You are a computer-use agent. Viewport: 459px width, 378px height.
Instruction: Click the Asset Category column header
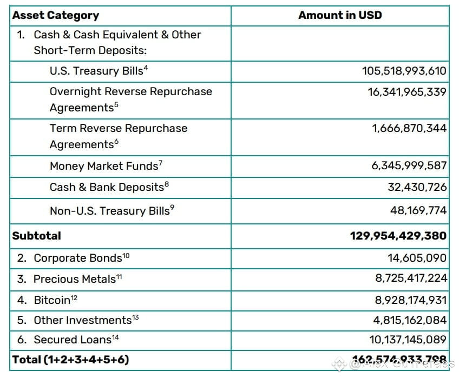(56, 15)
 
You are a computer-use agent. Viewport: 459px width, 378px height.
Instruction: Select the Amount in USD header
(340, 15)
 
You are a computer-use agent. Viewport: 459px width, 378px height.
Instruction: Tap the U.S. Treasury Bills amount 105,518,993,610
(404, 71)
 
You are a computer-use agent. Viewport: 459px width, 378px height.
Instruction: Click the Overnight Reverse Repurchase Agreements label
(130, 99)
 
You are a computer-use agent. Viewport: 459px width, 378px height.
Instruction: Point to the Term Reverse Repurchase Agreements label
(119, 136)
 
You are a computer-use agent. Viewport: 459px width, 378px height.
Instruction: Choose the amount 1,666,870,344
(409, 128)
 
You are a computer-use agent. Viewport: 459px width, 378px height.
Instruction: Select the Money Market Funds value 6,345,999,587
(409, 165)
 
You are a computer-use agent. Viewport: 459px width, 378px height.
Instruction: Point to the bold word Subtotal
(37, 236)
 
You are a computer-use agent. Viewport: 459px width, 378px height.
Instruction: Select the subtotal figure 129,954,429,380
(398, 236)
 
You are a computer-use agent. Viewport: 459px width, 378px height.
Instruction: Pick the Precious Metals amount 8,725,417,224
(410, 278)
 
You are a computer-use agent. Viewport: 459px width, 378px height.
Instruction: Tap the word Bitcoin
(53, 300)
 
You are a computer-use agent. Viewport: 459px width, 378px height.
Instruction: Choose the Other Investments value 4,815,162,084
(410, 320)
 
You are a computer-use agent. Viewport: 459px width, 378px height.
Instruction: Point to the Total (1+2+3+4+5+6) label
(71, 360)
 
